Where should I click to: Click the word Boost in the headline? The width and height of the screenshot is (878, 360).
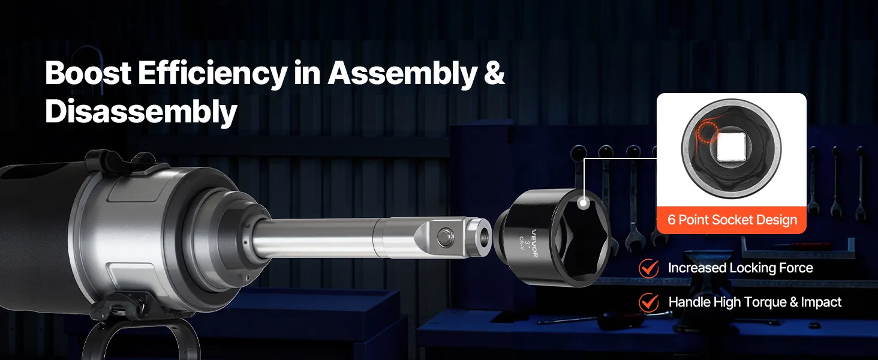pyautogui.click(x=88, y=73)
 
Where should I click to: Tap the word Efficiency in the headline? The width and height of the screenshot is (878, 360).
pyautogui.click(x=213, y=74)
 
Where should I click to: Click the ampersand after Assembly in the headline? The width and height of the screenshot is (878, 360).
pyautogui.click(x=494, y=73)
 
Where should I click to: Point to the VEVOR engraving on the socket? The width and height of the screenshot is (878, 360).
pyautogui.click(x=534, y=243)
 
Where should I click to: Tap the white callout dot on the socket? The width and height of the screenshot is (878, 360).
pyautogui.click(x=584, y=203)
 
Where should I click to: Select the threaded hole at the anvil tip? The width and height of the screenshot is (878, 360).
pyautogui.click(x=485, y=235)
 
